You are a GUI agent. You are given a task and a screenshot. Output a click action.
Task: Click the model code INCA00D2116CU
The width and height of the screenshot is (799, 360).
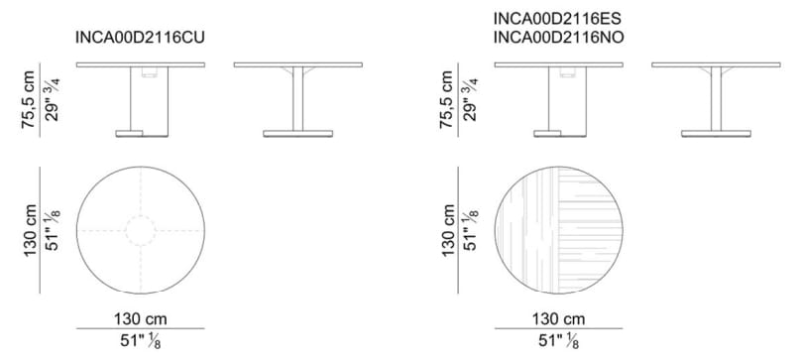140,38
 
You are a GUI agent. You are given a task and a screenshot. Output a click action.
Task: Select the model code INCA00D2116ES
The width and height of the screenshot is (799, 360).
557,19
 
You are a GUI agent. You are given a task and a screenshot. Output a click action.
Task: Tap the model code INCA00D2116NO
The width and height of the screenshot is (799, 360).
558,38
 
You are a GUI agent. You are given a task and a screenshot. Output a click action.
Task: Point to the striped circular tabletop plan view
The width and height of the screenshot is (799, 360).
558,230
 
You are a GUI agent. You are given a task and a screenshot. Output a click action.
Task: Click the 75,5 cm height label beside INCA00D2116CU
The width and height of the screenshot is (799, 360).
29,99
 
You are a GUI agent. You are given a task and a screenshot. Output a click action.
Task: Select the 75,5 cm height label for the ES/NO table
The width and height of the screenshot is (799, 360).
446,99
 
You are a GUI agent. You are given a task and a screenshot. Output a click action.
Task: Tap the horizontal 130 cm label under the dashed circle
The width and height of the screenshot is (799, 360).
140,319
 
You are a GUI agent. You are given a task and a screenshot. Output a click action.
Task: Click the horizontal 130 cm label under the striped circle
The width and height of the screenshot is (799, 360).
558,319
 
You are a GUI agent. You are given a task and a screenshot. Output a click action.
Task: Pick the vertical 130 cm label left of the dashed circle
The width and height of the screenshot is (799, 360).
30,230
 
